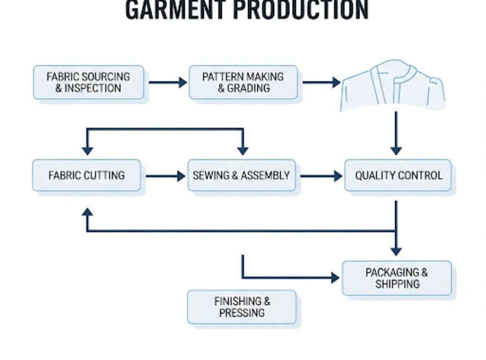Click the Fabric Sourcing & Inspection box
89,82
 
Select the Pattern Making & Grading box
243,82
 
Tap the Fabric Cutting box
87,175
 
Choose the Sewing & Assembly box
242,175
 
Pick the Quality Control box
398,175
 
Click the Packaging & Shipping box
397,278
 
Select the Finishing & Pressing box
242,307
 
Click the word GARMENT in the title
176,10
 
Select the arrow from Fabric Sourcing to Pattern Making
167,82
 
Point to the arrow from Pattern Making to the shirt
321,82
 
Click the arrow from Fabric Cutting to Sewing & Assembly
165,176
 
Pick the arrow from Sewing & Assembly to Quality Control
321,176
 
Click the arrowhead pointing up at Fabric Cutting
87,213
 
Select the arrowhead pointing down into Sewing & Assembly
243,150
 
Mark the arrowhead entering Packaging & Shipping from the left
335,278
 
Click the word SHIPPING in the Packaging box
397,284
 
